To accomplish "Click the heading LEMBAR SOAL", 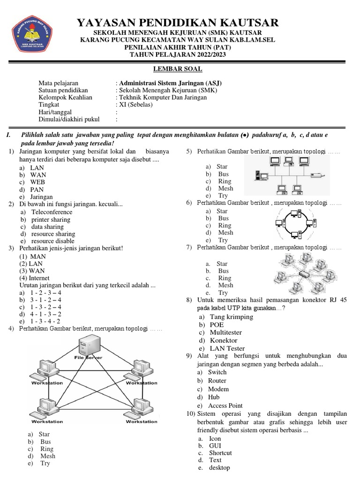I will (x=179, y=69).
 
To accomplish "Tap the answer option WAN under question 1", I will (x=38, y=175).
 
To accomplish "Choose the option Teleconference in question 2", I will (x=52, y=212).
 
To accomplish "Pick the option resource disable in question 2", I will (x=52, y=241).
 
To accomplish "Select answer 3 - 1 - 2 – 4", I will (x=45, y=300).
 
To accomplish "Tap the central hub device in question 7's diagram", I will (x=304, y=273).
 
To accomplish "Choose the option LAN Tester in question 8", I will (x=227, y=348).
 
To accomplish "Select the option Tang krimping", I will (x=231, y=317).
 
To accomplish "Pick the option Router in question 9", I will (x=217, y=381).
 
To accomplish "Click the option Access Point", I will (x=225, y=405).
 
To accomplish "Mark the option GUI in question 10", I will (x=215, y=446).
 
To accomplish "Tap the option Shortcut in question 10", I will (x=220, y=453).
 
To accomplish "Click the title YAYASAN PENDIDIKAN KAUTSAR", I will (x=178, y=22).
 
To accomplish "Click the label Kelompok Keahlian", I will (x=65, y=97).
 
